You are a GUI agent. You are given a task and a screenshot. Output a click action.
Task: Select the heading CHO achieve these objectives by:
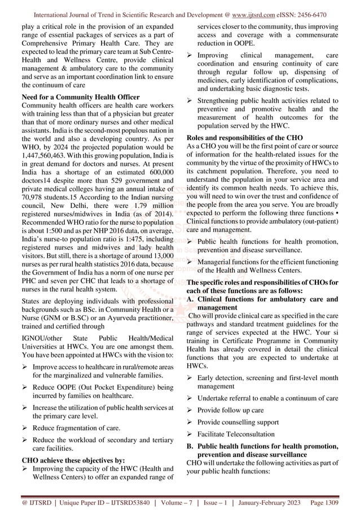point(68,459)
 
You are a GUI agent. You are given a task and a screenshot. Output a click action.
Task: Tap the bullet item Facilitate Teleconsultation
point(236,434)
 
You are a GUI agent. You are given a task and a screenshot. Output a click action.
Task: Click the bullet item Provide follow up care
point(231,410)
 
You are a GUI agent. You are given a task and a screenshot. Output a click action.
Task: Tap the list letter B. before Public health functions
point(190,447)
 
